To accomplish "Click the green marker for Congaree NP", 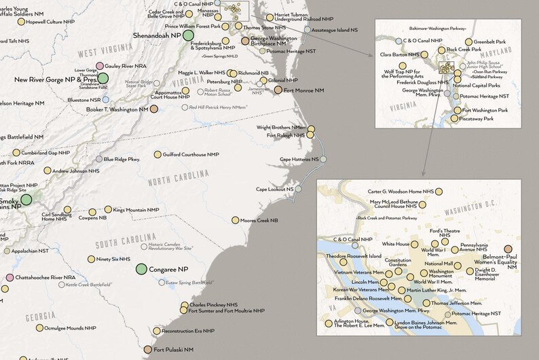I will click(x=142, y=270).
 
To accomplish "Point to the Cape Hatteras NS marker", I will click(x=324, y=159).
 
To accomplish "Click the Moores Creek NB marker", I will click(x=235, y=220).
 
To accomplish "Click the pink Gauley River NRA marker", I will click(x=100, y=66).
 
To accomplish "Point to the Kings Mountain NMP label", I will click(x=136, y=210).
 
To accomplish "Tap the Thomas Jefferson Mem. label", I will click(x=453, y=303).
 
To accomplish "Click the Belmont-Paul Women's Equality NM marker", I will click(x=508, y=249).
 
